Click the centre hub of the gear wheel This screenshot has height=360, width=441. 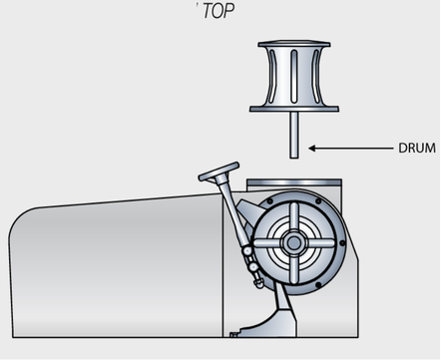(x=293, y=242)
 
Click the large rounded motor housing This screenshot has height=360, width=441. (x=110, y=269)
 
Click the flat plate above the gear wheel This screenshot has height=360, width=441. (x=294, y=184)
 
